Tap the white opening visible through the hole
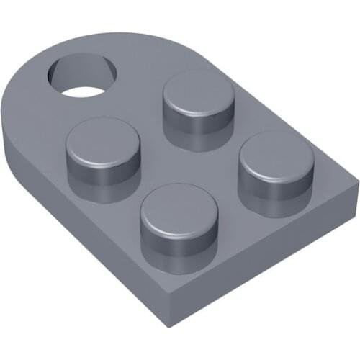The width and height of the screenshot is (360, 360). point(84,91)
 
